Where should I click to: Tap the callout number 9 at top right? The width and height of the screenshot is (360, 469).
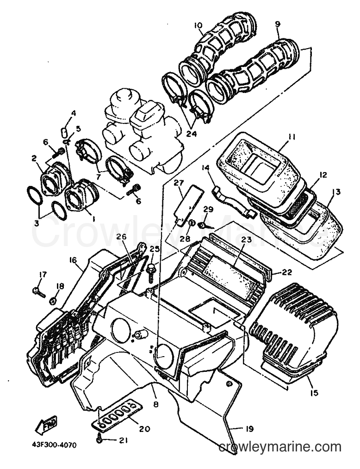(x=277, y=25)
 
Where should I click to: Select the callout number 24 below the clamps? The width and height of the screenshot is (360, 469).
(x=191, y=134)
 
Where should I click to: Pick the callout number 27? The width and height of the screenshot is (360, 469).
(x=180, y=183)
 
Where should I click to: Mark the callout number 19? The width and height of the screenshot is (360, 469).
(x=249, y=429)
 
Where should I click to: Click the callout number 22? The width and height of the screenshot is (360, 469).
(x=286, y=272)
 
